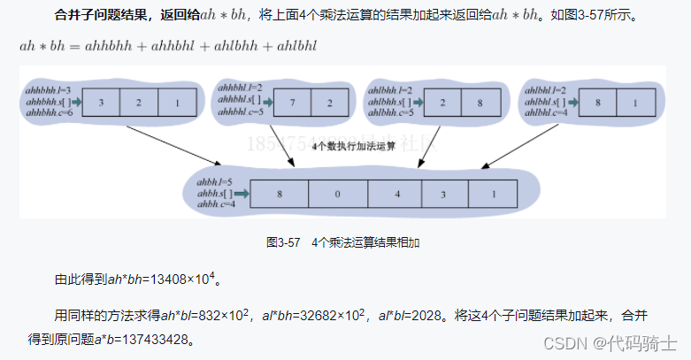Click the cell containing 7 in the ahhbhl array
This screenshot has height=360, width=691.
pyautogui.click(x=290, y=103)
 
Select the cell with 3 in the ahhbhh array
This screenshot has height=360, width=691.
pyautogui.click(x=102, y=103)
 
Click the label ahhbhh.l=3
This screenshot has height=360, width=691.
pyautogui.click(x=50, y=90)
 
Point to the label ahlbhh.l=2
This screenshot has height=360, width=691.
pyautogui.click(x=392, y=90)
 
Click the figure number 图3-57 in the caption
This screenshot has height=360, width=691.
pyautogui.click(x=284, y=241)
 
